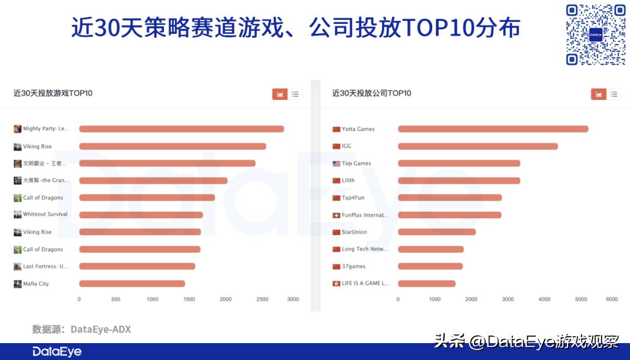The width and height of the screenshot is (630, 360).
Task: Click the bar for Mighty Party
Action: pos(181,129)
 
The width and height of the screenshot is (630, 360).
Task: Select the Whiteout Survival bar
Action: pos(141,215)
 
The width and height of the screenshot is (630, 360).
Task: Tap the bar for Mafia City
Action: pos(132,284)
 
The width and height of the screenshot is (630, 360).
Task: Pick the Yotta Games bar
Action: pos(493,129)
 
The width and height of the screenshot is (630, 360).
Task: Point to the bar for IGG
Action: pos(478,146)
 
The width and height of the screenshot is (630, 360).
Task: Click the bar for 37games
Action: pos(430,267)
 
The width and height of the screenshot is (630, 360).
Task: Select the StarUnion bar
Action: pos(436,232)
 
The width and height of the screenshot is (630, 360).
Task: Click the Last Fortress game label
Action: pos(45,267)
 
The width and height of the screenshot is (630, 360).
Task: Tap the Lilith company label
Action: pos(348,180)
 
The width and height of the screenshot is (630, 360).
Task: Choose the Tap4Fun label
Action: pos(353,198)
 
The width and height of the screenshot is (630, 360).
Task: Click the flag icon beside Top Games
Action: pos(336,163)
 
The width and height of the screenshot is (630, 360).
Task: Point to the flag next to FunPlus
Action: pos(336,215)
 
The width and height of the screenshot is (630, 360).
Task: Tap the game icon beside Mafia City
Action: pos(17,284)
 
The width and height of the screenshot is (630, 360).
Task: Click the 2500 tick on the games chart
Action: pos(262,299)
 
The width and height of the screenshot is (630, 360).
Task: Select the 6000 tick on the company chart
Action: pos(611,299)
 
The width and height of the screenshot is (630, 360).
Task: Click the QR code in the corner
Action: pos(596,34)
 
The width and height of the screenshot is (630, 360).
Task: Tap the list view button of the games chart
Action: pos(295,94)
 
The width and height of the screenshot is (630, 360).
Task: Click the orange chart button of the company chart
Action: pos(598,94)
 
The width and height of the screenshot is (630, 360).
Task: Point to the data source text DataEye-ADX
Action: pos(100,330)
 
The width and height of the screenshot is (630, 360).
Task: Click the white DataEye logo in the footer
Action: pos(57,352)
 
